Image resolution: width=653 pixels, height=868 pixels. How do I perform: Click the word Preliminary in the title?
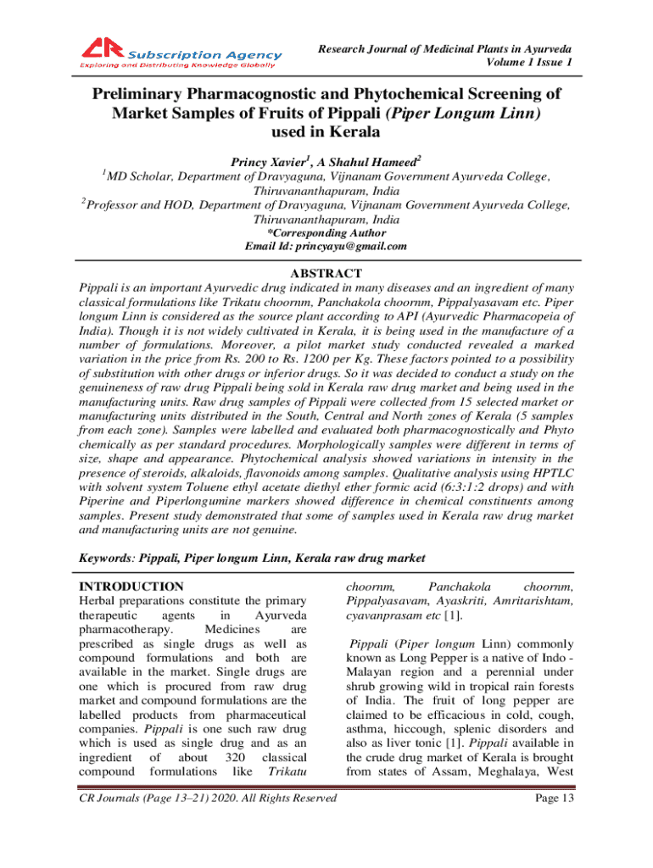[148, 93]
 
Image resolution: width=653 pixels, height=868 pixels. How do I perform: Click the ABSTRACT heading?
[326, 273]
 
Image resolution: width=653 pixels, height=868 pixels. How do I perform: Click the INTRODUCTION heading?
[131, 586]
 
